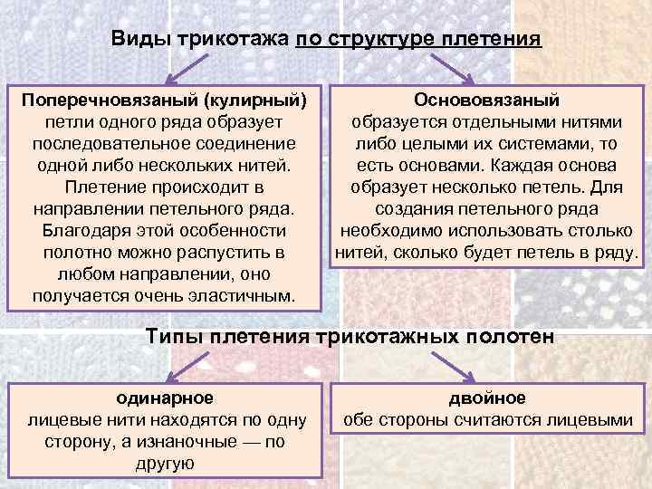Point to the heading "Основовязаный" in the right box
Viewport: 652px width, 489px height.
click(487, 98)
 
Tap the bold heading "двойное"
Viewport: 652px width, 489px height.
click(487, 397)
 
